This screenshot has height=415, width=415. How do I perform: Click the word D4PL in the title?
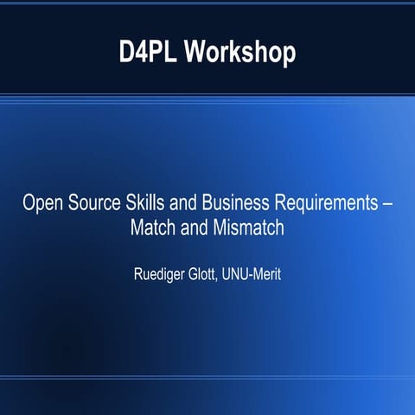click(x=148, y=52)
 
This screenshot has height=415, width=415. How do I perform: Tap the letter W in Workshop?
click(x=196, y=52)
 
